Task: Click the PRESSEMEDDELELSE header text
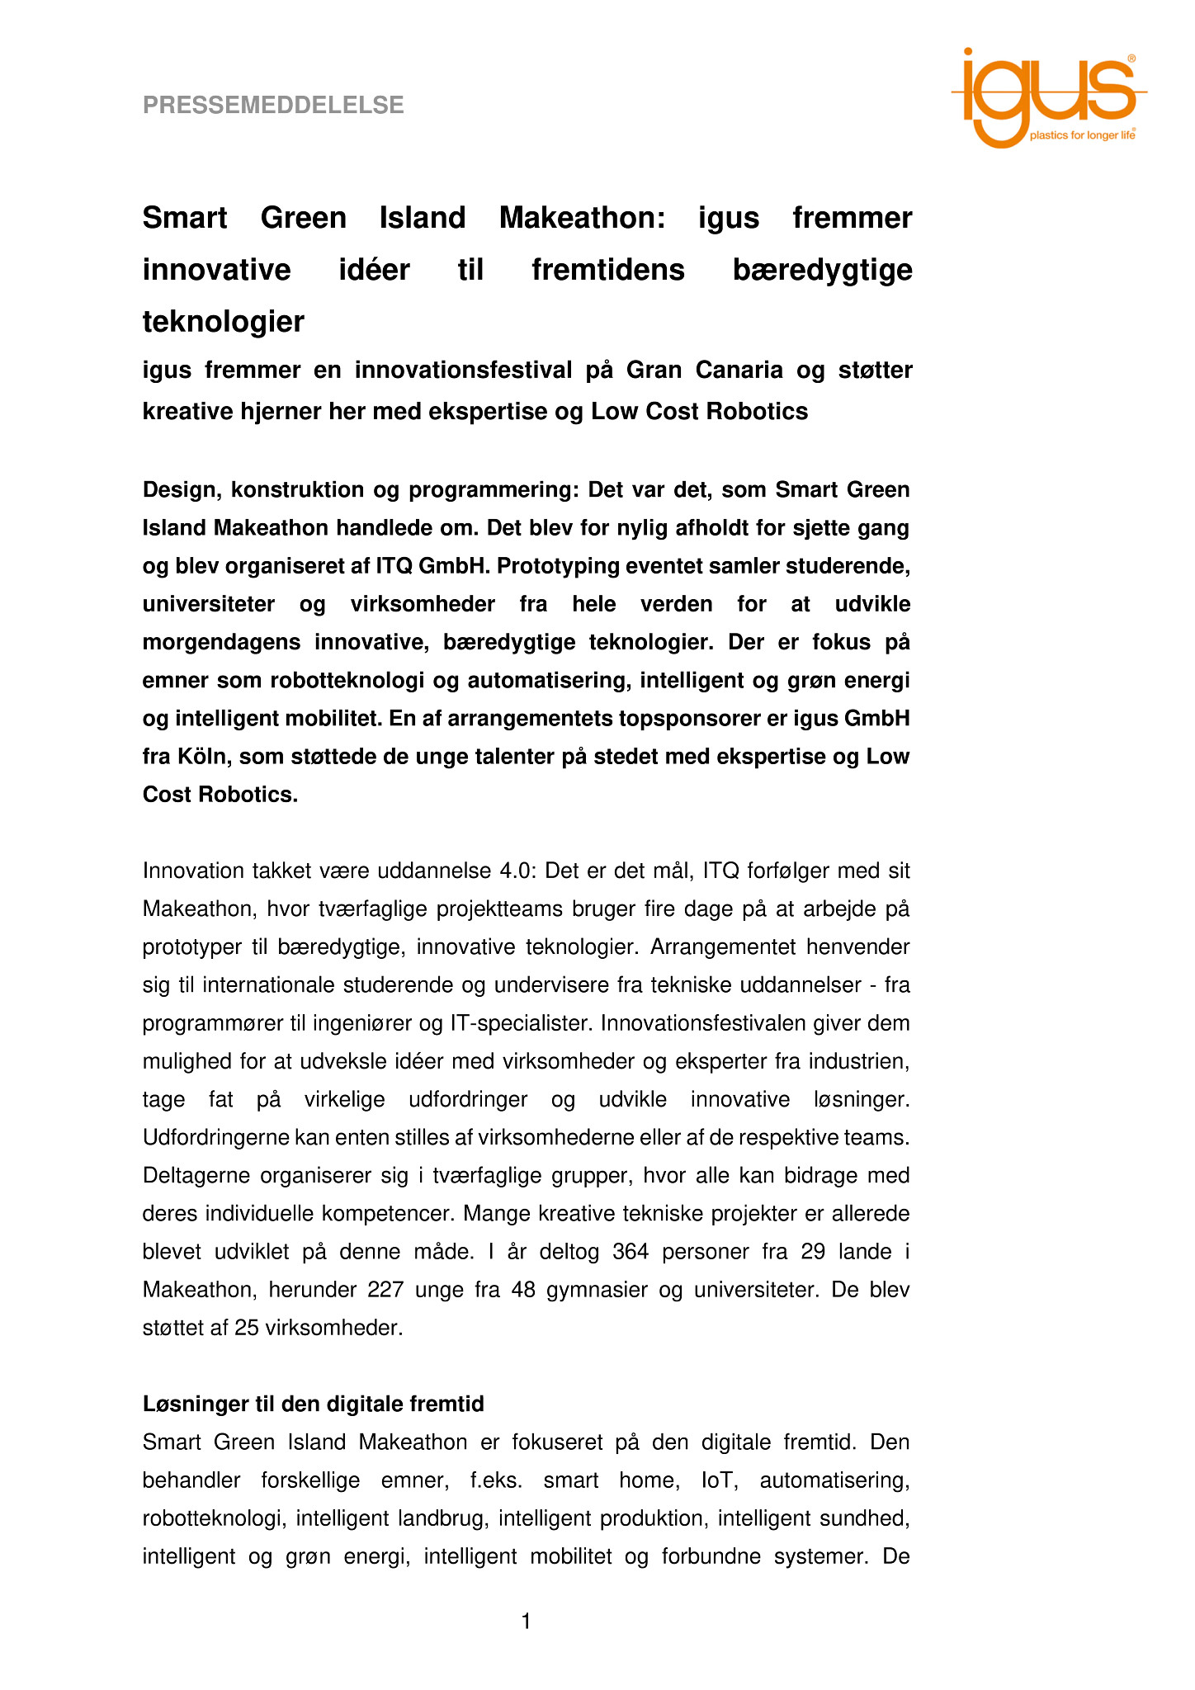(273, 106)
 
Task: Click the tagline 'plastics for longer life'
(1082, 135)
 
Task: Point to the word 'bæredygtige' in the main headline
(822, 271)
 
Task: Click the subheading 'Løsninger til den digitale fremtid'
(314, 1404)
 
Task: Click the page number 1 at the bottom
(526, 1623)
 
